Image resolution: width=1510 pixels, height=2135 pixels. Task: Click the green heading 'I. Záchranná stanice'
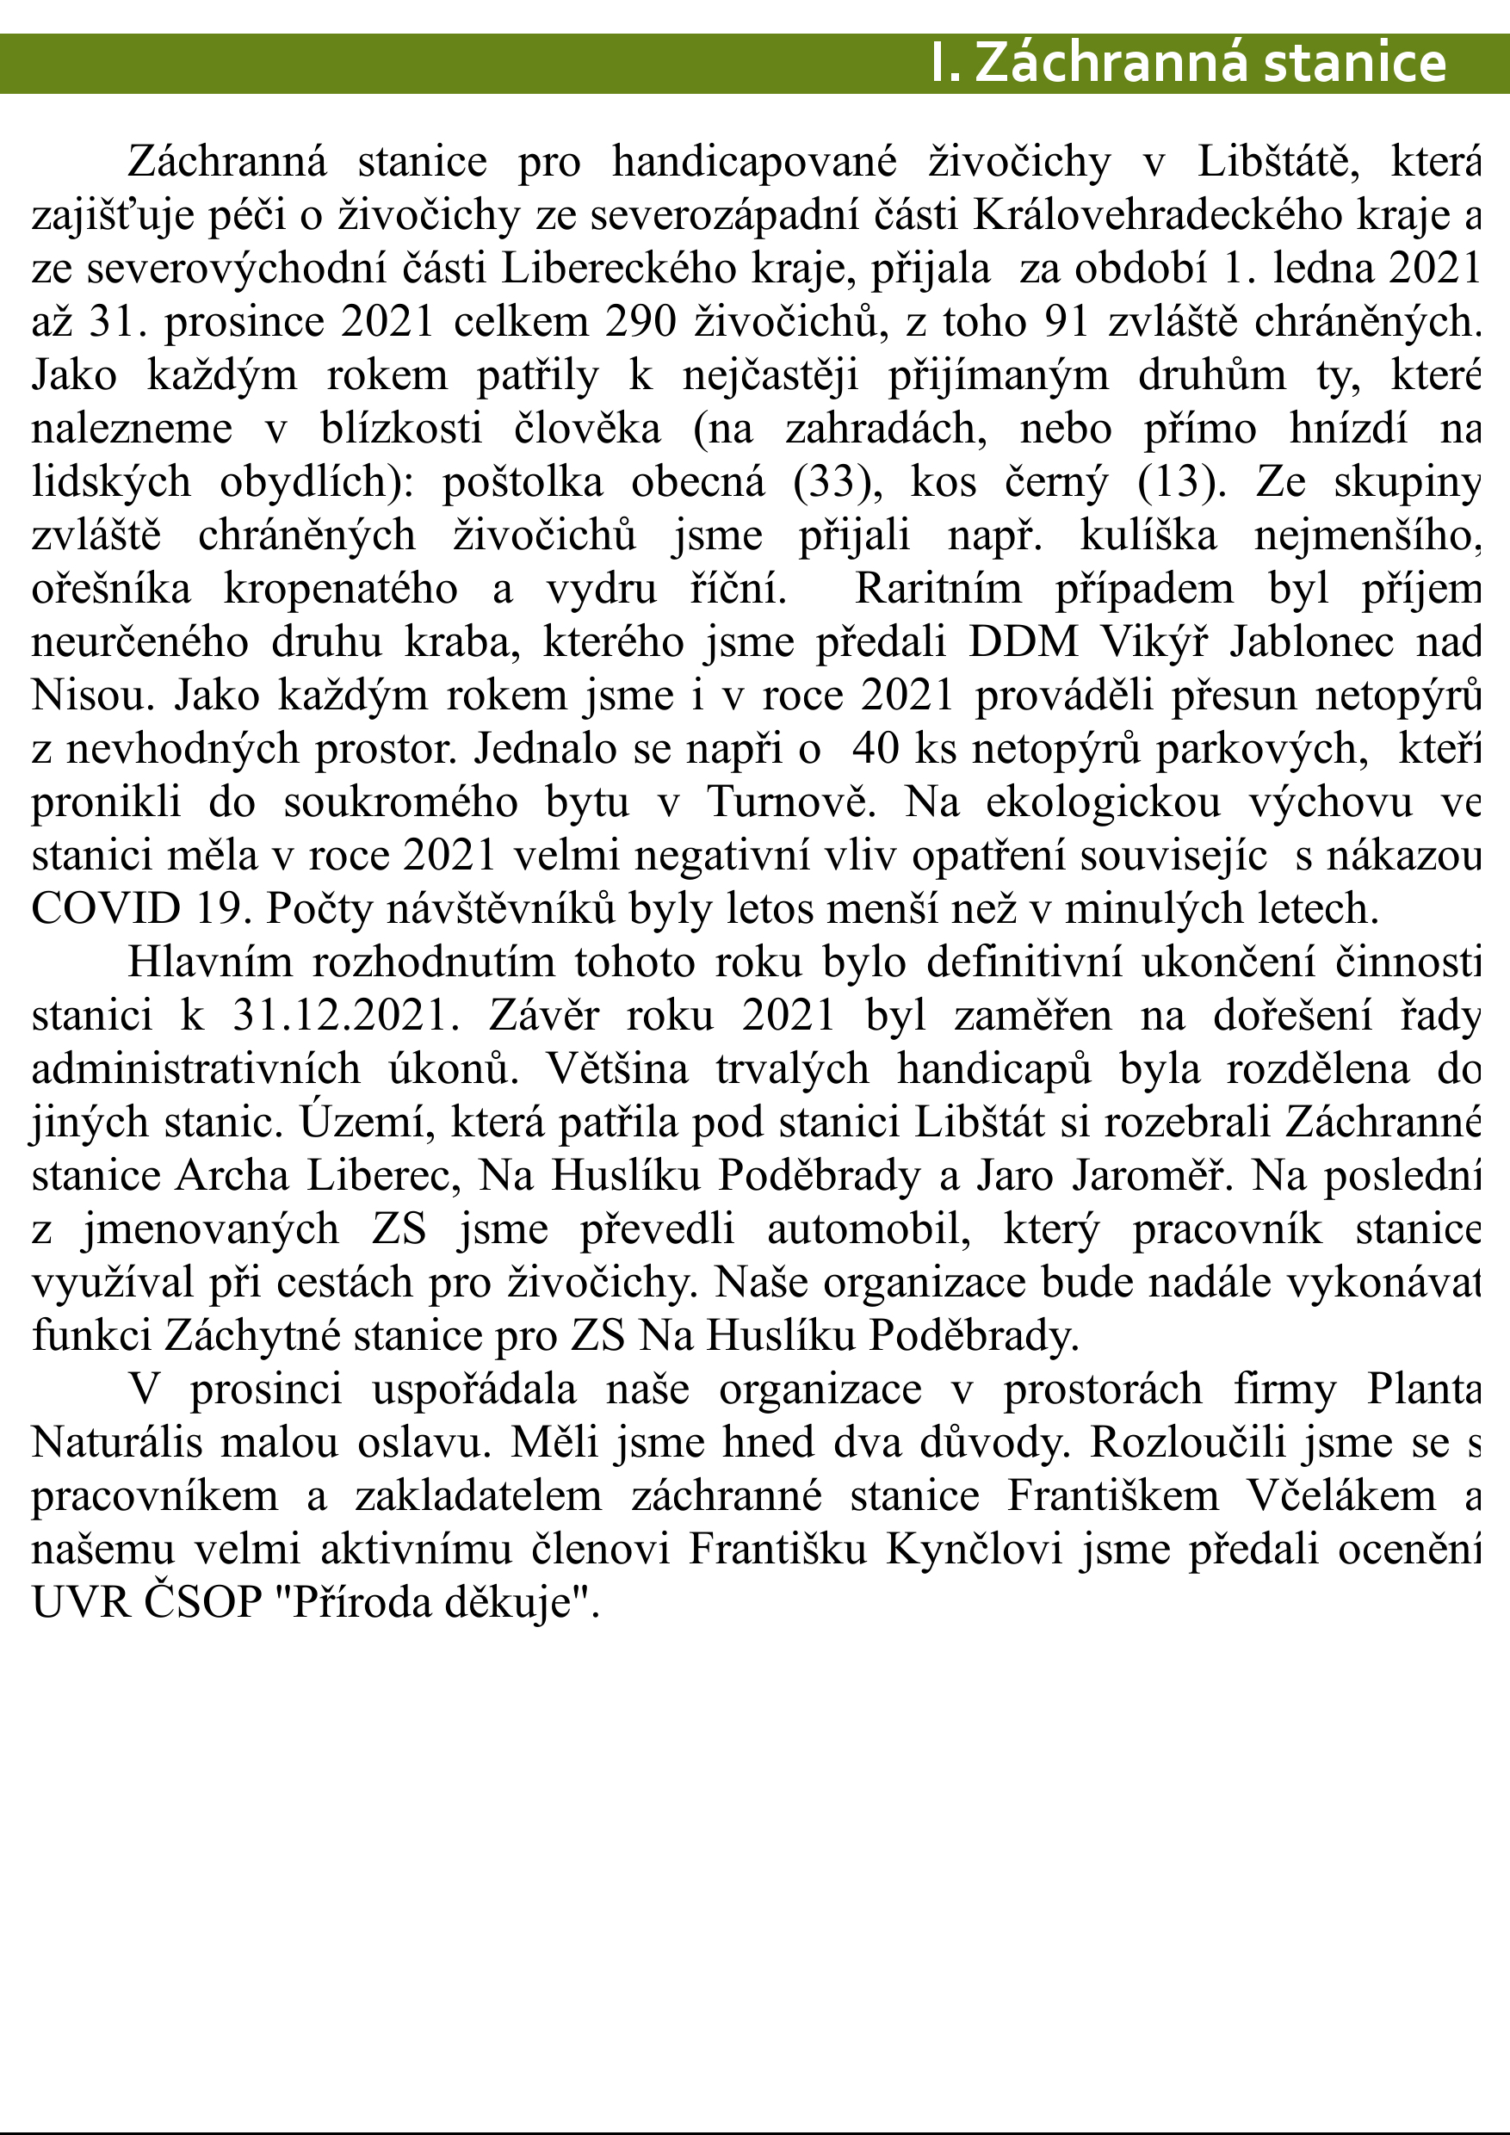point(1187,63)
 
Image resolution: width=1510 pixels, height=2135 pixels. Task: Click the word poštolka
point(521,482)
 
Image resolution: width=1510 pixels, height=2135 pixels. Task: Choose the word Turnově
point(791,802)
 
